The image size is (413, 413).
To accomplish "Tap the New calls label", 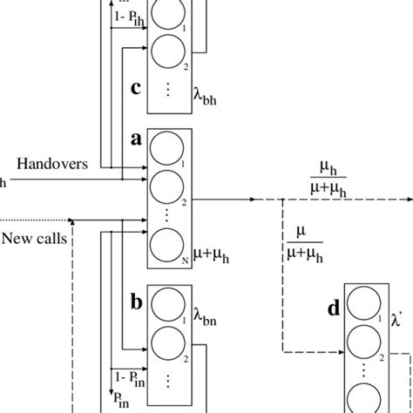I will (30, 237).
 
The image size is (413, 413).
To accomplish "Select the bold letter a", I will (136, 139).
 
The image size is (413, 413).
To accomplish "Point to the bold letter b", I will (136, 302).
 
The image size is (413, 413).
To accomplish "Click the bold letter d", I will (332, 306).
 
